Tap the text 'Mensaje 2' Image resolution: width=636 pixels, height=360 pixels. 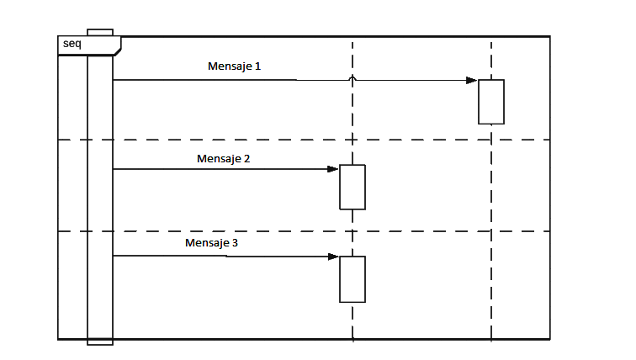coord(223,158)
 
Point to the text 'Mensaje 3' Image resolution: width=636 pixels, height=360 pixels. coord(211,242)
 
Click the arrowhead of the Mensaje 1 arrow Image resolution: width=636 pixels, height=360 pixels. coord(473,81)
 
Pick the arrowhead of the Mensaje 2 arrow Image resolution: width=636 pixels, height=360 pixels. coord(333,169)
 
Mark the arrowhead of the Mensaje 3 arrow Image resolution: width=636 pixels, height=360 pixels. coord(333,257)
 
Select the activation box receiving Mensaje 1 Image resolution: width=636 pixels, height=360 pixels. coord(491,102)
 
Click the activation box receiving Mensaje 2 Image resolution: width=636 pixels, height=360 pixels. coord(352,187)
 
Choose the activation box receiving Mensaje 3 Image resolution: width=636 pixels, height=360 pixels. coord(352,279)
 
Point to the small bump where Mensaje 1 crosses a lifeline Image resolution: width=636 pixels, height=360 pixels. coord(352,78)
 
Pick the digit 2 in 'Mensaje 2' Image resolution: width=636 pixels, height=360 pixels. coord(246,158)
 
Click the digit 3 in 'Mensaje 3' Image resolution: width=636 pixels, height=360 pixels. coord(236,242)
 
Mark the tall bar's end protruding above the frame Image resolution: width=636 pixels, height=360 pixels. coord(99,33)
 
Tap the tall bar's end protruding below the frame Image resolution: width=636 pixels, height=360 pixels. coord(99,342)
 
